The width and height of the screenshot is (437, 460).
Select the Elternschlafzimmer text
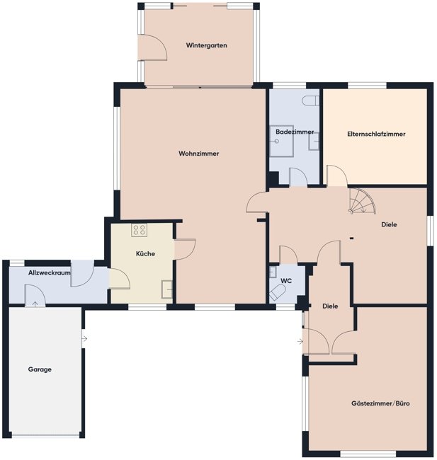(376, 134)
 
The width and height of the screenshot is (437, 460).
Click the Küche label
(145, 253)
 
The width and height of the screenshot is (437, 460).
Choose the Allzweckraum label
(50, 272)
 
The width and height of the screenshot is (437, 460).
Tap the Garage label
(40, 369)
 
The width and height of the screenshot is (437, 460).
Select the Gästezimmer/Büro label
(380, 403)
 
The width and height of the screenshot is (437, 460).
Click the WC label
(286, 281)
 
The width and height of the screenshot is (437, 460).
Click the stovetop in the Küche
(139, 229)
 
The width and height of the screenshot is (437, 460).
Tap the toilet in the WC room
(277, 293)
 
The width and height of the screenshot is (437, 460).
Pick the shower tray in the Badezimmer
(278, 144)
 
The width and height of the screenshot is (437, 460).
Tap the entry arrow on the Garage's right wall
(84, 339)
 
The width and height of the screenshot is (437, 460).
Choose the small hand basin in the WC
(272, 271)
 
